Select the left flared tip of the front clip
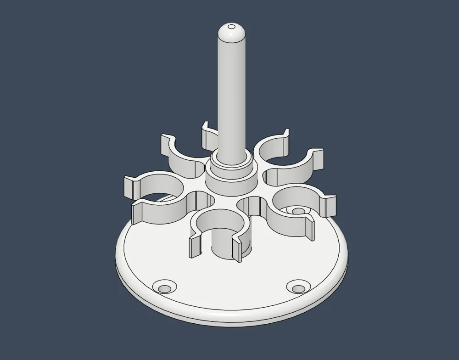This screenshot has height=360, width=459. (195, 248)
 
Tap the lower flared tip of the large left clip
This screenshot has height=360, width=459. (138, 214)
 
